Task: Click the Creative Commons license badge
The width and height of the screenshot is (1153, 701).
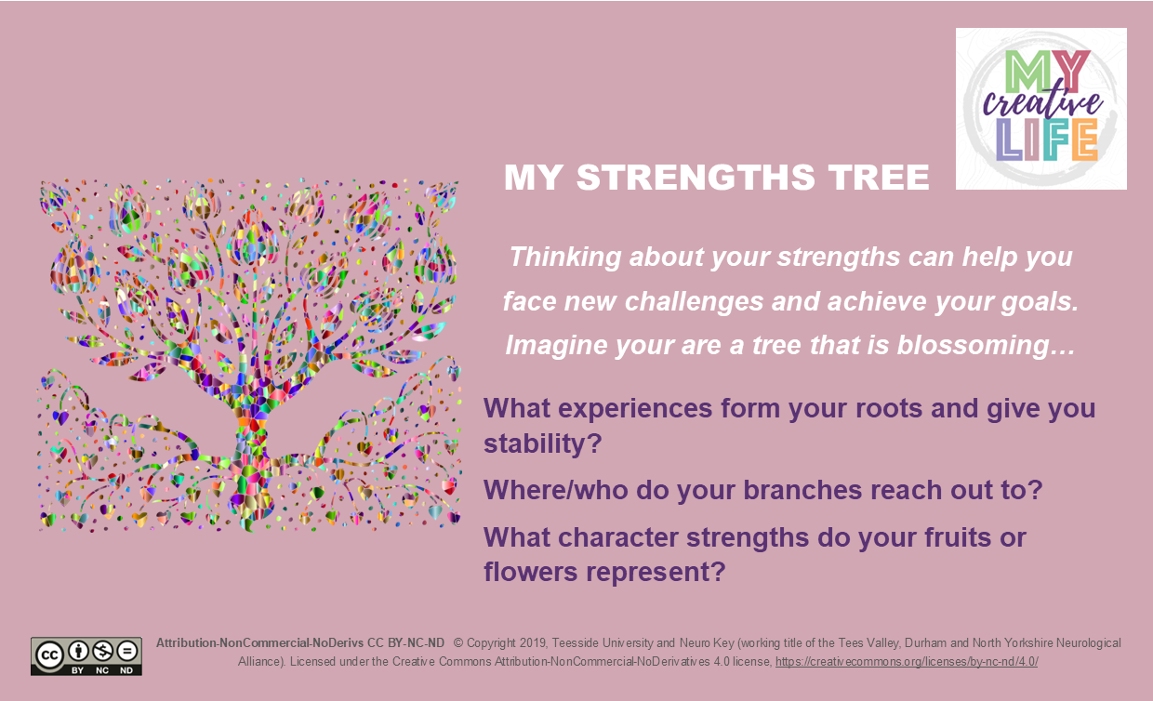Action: click(x=86, y=655)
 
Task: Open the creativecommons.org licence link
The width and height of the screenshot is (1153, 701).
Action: click(x=907, y=662)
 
